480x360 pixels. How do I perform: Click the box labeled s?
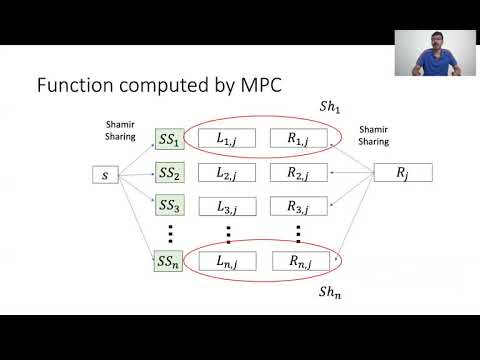click(104, 177)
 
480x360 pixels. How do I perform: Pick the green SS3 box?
click(169, 207)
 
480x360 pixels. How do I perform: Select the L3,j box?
click(227, 207)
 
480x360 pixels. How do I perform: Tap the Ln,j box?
click(227, 262)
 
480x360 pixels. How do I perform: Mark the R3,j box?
click(297, 207)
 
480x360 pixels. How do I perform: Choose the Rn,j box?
click(297, 262)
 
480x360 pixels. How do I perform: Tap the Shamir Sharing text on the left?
click(119, 130)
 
